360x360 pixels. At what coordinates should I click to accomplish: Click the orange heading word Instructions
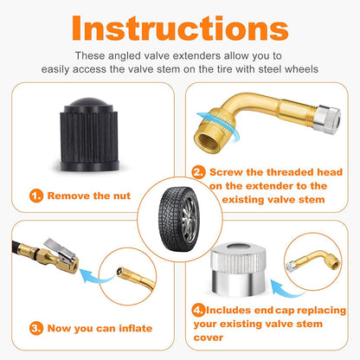click(x=180, y=29)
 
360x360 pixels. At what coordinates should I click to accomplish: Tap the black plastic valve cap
click(x=89, y=135)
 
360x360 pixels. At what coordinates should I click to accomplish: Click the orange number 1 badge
click(x=36, y=196)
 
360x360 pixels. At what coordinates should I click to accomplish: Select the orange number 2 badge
click(x=198, y=172)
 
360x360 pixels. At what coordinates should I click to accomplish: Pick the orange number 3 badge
click(x=36, y=329)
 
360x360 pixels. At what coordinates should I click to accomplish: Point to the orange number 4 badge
click(x=198, y=311)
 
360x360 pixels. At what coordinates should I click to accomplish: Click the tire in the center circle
click(x=179, y=219)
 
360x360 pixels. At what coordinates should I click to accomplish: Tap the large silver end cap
click(x=238, y=269)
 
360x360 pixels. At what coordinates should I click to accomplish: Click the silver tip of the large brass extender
click(x=327, y=119)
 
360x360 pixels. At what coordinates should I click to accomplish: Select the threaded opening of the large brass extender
click(x=207, y=140)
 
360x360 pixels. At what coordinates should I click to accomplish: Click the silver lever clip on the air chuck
click(x=60, y=247)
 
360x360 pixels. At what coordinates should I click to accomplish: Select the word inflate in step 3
click(x=136, y=328)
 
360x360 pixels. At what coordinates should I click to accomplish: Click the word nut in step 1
click(x=122, y=196)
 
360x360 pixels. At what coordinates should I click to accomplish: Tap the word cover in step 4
click(x=209, y=337)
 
